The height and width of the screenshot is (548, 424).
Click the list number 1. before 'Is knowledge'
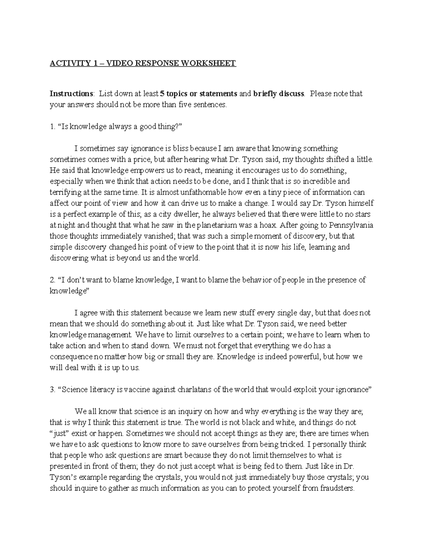52,127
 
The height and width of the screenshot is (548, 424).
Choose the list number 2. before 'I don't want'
52,280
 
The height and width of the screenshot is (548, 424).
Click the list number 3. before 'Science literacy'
52,390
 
